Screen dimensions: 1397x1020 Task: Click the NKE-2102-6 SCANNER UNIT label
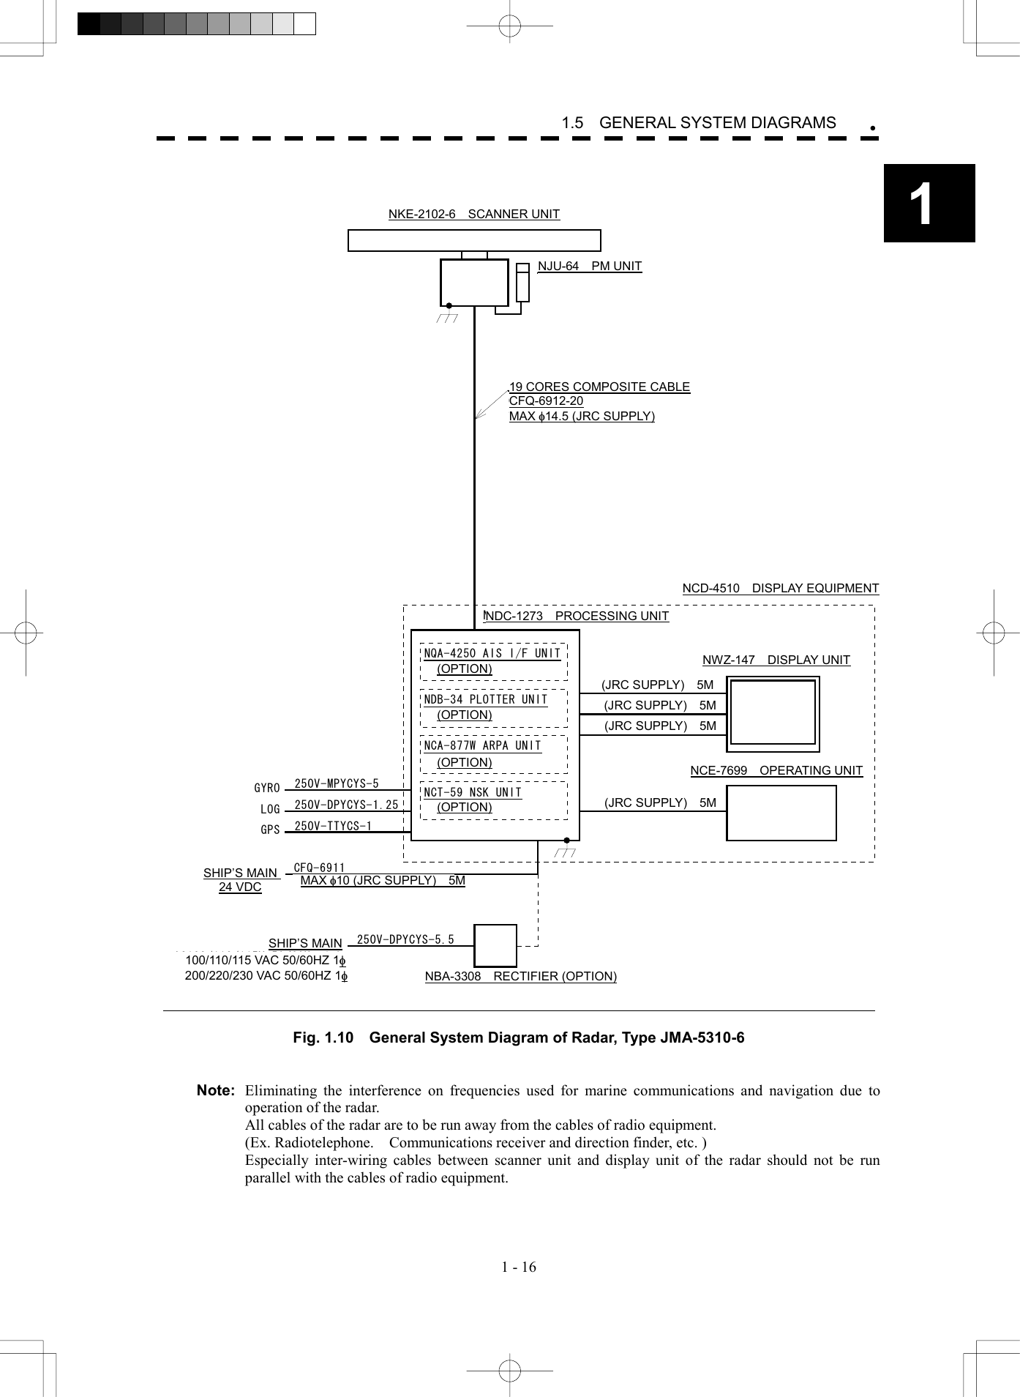[473, 214]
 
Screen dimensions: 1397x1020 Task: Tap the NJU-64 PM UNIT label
[589, 266]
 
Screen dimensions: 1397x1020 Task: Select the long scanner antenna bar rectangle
[473, 240]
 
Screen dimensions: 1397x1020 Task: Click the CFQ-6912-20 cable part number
[546, 401]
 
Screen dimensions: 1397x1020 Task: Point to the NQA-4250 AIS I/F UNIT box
[493, 661]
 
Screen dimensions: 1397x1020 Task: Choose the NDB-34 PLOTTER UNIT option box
[493, 707]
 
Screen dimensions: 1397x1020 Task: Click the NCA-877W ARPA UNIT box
[493, 754]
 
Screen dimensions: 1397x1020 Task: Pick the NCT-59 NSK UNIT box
[493, 800]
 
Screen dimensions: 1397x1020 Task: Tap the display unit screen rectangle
[773, 712]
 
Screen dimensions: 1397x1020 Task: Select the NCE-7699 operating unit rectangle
[781, 813]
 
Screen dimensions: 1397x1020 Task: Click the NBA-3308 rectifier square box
[495, 945]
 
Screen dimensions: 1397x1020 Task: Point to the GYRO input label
[267, 788]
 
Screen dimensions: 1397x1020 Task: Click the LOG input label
[270, 809]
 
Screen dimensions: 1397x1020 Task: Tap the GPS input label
[270, 830]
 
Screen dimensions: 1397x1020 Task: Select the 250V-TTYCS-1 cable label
[333, 826]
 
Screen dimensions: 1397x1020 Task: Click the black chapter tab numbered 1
[929, 203]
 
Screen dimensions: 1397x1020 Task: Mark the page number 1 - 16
[518, 1267]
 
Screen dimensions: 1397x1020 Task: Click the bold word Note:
[216, 1090]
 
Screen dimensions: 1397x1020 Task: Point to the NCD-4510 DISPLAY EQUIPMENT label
[780, 588]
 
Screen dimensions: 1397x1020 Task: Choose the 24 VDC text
[240, 887]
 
